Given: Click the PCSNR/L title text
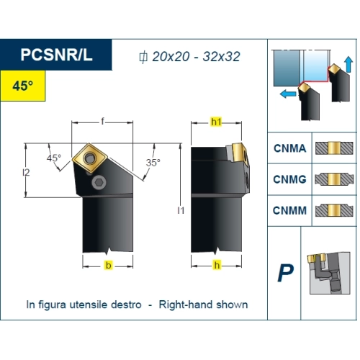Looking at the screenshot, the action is pos(56,55).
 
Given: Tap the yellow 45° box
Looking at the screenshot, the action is pos(23,86).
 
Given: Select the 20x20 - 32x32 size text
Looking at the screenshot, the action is pos(196,57).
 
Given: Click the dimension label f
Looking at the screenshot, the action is pos(102,122).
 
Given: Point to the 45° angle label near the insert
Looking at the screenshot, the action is pos(54,158).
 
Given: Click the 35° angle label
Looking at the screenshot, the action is pos(153,163).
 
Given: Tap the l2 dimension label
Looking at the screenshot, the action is pos(26,172).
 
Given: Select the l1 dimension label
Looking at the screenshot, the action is pos(181,210).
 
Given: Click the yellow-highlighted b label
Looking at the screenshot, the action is pos(109,265).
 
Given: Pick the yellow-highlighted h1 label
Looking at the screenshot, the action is pos(216,122).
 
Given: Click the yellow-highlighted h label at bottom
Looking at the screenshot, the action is pos(217,265).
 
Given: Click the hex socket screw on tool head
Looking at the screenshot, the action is pos(99,183).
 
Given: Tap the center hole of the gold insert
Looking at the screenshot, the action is pos(90,158).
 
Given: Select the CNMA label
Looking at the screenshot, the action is pos(290,148).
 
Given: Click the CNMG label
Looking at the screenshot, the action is pos(289,179).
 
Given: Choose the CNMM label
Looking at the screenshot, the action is pos(289,211).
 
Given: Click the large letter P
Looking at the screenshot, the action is pos(286,273).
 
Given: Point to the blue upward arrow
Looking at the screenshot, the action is pos(348,64).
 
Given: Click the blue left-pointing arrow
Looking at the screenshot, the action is pos(288,94).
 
